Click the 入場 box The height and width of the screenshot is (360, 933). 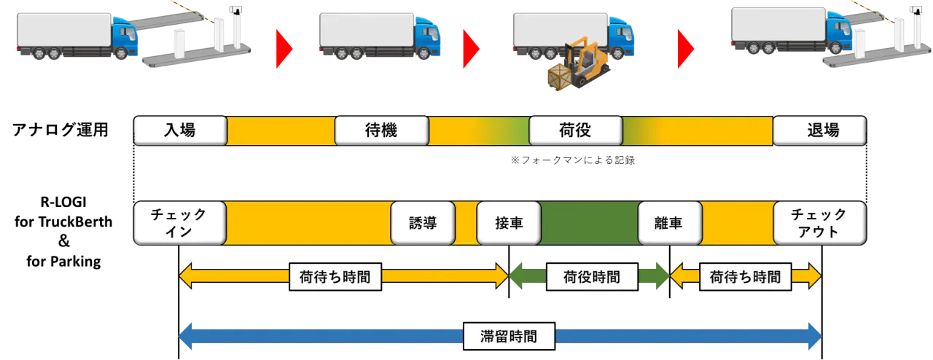[x=179, y=130]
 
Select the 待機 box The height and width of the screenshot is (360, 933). [x=380, y=130]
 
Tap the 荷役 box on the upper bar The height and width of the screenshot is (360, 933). [x=575, y=130]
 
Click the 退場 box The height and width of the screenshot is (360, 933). [x=819, y=130]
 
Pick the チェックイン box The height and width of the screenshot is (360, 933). [x=179, y=223]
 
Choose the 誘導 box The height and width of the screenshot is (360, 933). [x=423, y=223]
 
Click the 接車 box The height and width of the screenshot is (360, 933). [x=509, y=223]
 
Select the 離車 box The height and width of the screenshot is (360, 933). [x=670, y=223]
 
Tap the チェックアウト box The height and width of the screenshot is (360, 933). [x=819, y=223]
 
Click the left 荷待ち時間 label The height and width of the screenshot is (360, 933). [x=335, y=277]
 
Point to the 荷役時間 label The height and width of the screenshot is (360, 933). [x=592, y=277]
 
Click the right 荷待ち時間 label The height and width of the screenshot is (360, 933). [x=745, y=277]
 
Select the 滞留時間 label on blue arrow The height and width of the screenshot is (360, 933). [x=509, y=337]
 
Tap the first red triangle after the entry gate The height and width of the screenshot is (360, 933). [x=283, y=49]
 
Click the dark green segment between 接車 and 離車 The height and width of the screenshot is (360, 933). [x=589, y=223]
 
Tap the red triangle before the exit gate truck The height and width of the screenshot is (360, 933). [x=684, y=49]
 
